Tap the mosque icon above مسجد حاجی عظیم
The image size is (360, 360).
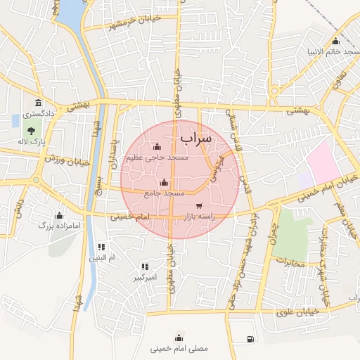point(156,147)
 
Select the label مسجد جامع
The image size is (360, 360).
point(165,193)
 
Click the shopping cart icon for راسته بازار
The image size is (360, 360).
point(200,206)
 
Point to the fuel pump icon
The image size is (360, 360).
point(251,340)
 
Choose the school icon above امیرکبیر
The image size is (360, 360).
point(145,266)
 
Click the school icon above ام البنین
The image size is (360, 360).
point(101,247)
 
